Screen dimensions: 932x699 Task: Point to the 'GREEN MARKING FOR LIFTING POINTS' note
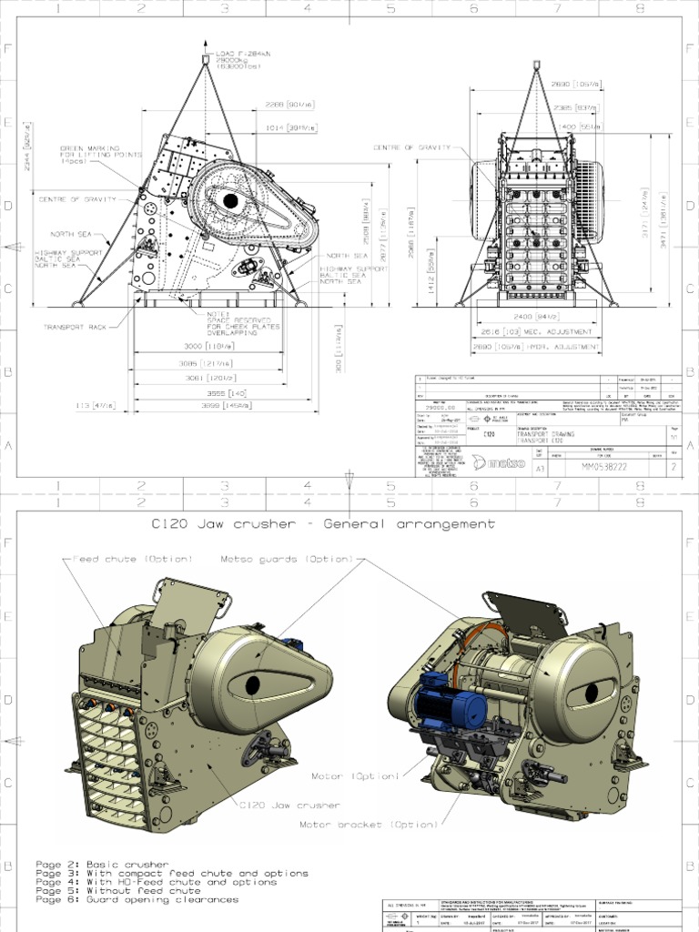pyautogui.click(x=99, y=155)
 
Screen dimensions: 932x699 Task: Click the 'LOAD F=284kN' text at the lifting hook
pyautogui.click(x=238, y=54)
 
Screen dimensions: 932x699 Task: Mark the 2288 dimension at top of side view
pyautogui.click(x=289, y=104)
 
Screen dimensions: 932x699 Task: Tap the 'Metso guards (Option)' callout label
pyautogui.click(x=287, y=559)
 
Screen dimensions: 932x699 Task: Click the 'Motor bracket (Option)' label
pyautogui.click(x=369, y=825)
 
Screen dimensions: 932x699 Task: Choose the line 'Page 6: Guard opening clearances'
pyautogui.click(x=137, y=899)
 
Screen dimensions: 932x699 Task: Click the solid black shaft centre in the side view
pyautogui.click(x=230, y=200)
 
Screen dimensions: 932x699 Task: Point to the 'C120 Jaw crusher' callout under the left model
pyautogui.click(x=290, y=805)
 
